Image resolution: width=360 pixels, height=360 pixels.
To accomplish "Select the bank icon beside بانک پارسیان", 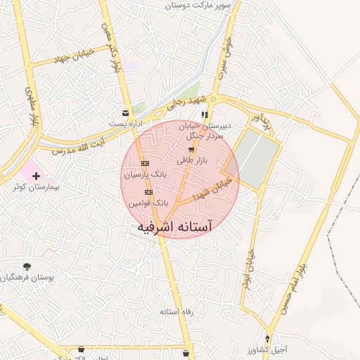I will pyautogui.click(x=145, y=162).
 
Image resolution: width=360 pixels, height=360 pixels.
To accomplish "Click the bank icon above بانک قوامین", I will pyautogui.click(x=148, y=192).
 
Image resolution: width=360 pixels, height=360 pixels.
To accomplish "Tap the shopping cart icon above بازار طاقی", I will pyautogui.click(x=191, y=150).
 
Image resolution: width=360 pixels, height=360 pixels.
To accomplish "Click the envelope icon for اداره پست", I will pyautogui.click(x=126, y=112).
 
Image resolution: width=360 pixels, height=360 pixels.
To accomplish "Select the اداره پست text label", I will pyautogui.click(x=126, y=123).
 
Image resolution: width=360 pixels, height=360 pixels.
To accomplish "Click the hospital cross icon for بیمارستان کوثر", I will pyautogui.click(x=36, y=174).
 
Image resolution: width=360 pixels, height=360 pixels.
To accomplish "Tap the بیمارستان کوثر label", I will pyautogui.click(x=37, y=188).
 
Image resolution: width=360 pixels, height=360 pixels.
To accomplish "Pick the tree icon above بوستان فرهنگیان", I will pyautogui.click(x=27, y=266).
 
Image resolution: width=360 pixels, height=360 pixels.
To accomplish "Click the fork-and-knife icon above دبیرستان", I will pyautogui.click(x=205, y=114).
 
